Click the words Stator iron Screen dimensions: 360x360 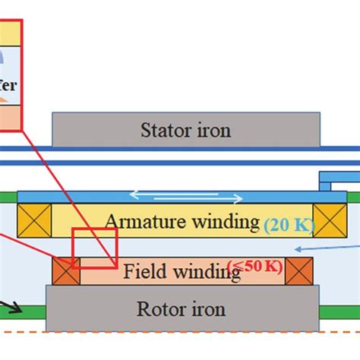pos(185,130)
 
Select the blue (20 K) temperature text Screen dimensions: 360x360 pos(287,224)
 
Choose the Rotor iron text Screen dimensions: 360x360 pos(180,309)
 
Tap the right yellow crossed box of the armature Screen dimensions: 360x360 pos(329,221)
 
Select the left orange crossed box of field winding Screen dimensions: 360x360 pos(66,271)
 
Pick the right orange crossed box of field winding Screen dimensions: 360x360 pos(298,271)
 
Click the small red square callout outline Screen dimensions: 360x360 pos(94,246)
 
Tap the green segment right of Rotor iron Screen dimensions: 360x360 pos(339,311)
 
